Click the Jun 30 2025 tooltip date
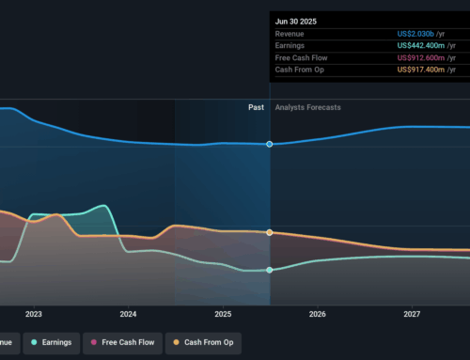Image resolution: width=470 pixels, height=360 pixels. pos(294,19)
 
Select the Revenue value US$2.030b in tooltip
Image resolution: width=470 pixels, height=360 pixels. pos(426,33)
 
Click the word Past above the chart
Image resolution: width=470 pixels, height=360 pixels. pos(256,107)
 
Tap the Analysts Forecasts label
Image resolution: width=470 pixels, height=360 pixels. pos(308,107)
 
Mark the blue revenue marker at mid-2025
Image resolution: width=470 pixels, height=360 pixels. pos(270,144)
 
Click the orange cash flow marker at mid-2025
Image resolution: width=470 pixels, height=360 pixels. pos(270,232)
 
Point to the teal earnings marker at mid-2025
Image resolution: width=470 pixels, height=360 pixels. pos(270,270)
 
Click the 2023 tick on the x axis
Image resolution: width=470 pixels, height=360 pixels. pos(34,314)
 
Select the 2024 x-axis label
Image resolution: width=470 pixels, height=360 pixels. pos(128,314)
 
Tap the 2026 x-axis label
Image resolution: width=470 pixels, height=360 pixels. pos(317,314)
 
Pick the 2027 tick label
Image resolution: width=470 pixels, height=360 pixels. pos(411,314)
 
